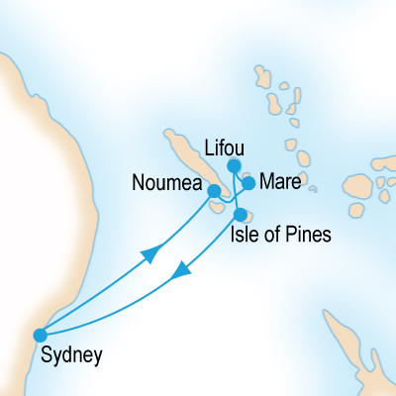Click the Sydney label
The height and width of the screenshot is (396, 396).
[71, 352]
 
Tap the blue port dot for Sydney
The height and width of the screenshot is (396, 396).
[41, 335]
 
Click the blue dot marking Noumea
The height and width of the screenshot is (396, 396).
[214, 190]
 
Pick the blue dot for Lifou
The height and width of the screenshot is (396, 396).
[235, 165]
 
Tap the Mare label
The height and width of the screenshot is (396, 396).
[281, 183]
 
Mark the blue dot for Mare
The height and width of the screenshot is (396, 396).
[249, 183]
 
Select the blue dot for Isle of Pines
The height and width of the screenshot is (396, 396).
[240, 214]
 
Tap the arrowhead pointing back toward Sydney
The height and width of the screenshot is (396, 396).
[180, 271]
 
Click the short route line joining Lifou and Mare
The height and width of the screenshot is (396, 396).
[242, 175]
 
